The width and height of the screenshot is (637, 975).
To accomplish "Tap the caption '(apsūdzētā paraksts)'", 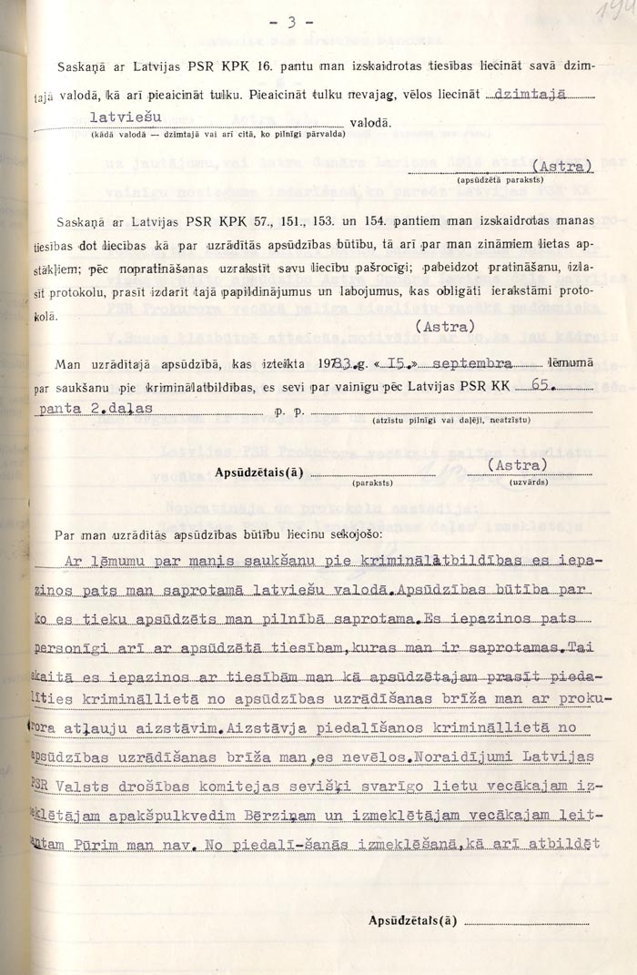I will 495,180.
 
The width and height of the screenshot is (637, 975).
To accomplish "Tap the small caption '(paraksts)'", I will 374,483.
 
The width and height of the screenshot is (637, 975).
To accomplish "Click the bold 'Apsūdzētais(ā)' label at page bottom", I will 411,920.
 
